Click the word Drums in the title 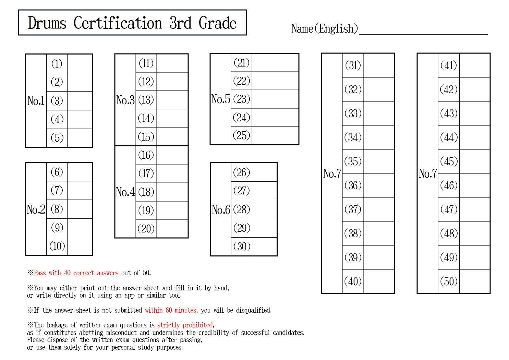pos(47,23)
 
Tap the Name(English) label pos(325,29)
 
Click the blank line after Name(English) pos(423,34)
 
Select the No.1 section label pos(36,101)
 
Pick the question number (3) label pos(57,101)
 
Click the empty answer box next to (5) pos(80,138)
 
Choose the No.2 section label pos(36,209)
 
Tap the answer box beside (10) pos(80,247)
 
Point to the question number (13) pos(146,100)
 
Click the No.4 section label pos(125,192)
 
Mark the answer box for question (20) pos(172,229)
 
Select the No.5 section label pos(220,99)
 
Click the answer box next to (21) pos(275,63)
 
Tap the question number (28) pos(242,209)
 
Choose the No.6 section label pos(221,210)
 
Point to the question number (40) pos(353,281)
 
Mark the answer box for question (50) pos(475,281)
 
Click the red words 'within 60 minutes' pos(170,310)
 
